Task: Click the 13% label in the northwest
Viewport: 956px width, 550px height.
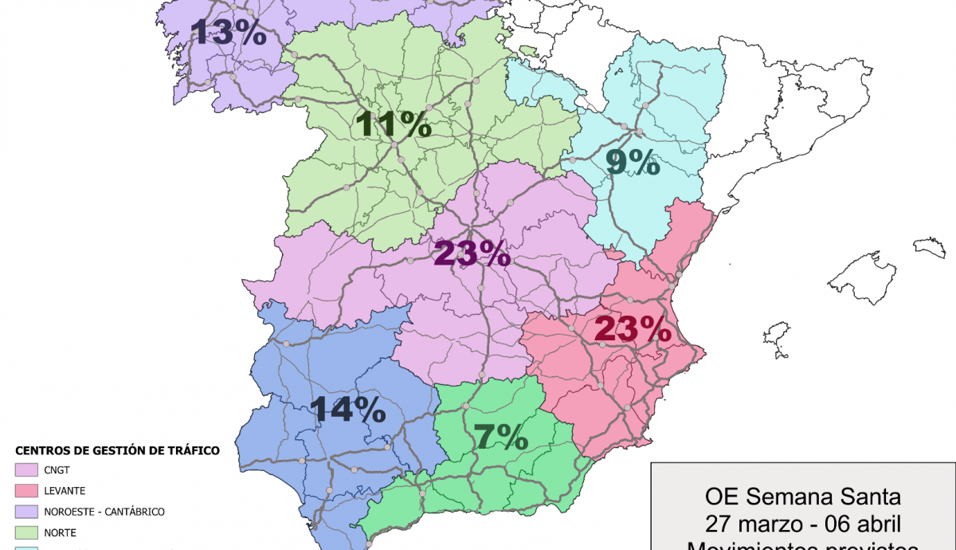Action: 228,33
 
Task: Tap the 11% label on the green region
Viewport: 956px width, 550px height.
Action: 394,124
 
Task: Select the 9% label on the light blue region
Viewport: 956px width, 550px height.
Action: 633,163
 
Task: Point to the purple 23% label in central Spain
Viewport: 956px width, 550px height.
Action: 471,253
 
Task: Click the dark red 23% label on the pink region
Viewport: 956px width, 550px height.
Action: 633,328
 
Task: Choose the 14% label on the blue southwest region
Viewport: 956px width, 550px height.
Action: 348,409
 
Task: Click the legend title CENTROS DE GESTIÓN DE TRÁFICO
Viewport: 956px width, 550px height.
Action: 117,451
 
